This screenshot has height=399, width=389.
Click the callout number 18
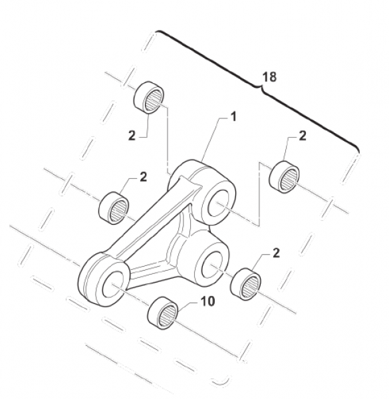[269, 77]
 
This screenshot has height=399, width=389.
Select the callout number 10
[208, 302]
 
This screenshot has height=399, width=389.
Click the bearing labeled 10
[163, 313]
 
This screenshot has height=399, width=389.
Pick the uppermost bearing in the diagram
[149, 97]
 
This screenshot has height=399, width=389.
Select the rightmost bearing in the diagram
[284, 177]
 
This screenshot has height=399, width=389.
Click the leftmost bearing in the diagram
[114, 208]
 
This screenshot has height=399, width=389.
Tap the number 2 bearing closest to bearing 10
[245, 284]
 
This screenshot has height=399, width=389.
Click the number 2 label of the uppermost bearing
[132, 136]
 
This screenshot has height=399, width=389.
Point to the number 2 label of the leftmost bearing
[143, 177]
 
